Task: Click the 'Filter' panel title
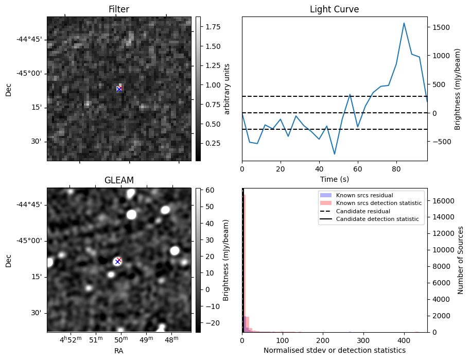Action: pos(119,9)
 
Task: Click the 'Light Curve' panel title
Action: pos(334,9)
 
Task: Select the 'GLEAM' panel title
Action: pos(119,180)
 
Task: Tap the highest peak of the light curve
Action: pos(404,23)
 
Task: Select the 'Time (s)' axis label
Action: pos(334,179)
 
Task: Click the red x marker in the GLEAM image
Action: pos(119,260)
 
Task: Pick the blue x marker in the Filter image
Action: pos(119,89)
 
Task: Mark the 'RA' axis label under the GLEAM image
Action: pos(119,351)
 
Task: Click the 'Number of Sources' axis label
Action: pos(461,260)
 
